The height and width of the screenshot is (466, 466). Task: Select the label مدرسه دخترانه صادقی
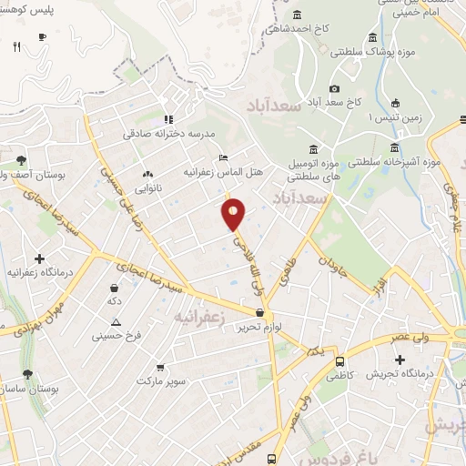coord(169,133)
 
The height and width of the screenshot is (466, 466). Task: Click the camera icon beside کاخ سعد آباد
coord(334,88)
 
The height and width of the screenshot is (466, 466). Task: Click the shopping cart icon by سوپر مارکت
coord(160,368)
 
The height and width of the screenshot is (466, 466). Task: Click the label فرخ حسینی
coord(116,336)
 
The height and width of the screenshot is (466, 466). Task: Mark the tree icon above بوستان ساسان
coord(27,374)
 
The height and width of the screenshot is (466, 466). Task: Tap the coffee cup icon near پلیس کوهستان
coord(42,37)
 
